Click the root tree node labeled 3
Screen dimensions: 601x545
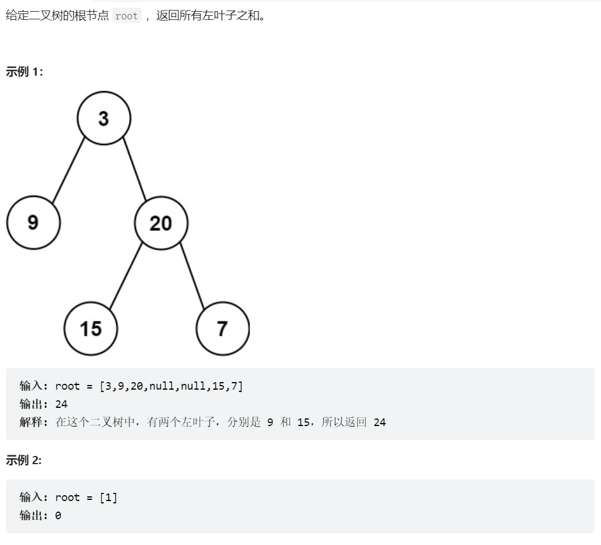(104, 118)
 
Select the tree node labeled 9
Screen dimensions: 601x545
(33, 223)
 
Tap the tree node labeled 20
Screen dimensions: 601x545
(161, 223)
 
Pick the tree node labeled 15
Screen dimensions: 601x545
(91, 329)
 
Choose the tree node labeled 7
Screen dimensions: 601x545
(223, 329)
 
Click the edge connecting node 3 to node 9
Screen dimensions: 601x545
(69, 170)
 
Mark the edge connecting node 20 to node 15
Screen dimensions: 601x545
(126, 276)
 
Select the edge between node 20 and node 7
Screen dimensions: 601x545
(192, 276)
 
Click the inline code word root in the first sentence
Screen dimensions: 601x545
(127, 16)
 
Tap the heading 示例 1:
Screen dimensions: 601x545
(24, 71)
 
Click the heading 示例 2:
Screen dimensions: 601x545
(23, 460)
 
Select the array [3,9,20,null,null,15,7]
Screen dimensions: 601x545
(171, 386)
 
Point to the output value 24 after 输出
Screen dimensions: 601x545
(62, 404)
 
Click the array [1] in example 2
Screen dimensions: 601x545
(108, 498)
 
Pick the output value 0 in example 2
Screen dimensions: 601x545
(58, 516)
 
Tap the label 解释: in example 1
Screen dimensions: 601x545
(34, 422)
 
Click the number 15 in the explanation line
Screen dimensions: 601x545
(303, 423)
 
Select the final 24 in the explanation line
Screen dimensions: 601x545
(379, 423)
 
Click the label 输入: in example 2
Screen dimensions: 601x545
(34, 497)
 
